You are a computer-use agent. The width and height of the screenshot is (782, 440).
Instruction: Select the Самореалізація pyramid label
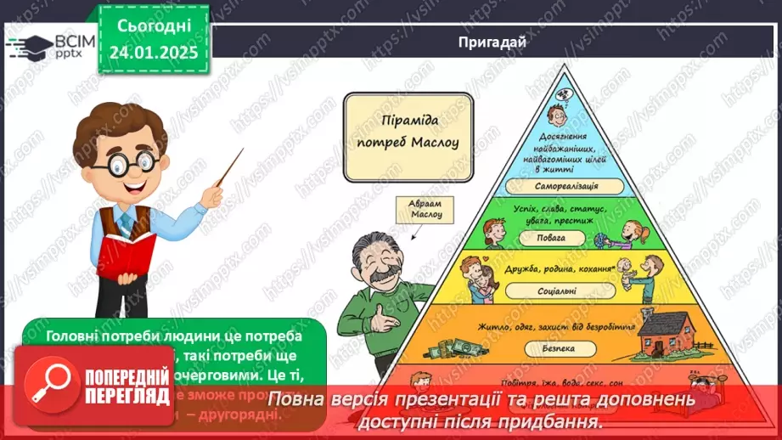coord(559,185)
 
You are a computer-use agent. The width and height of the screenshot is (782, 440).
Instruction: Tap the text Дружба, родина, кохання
coord(558,269)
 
